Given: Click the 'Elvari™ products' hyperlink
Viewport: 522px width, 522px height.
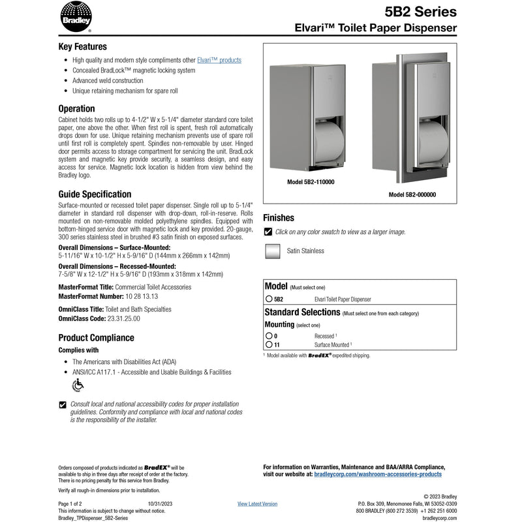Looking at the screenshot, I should [219, 60].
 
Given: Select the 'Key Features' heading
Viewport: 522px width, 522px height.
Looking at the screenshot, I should [83, 46].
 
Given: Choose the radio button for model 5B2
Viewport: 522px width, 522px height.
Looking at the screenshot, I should [268, 299].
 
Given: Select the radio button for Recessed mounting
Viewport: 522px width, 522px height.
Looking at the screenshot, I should [268, 335].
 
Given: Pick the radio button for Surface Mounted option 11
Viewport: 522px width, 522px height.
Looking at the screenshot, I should [268, 345].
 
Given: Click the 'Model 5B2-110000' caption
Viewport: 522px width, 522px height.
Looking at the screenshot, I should [311, 183].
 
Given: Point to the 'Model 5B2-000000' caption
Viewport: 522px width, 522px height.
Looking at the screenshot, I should [412, 194].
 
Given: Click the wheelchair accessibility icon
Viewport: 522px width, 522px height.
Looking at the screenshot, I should [78, 384].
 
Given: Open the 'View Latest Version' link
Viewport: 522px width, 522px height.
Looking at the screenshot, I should [257, 504].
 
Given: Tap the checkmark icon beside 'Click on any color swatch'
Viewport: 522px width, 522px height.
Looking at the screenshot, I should [268, 232].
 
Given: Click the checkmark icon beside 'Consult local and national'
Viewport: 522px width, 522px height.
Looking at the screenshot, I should [63, 405].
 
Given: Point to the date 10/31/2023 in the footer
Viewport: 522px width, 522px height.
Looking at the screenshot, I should [160, 504].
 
